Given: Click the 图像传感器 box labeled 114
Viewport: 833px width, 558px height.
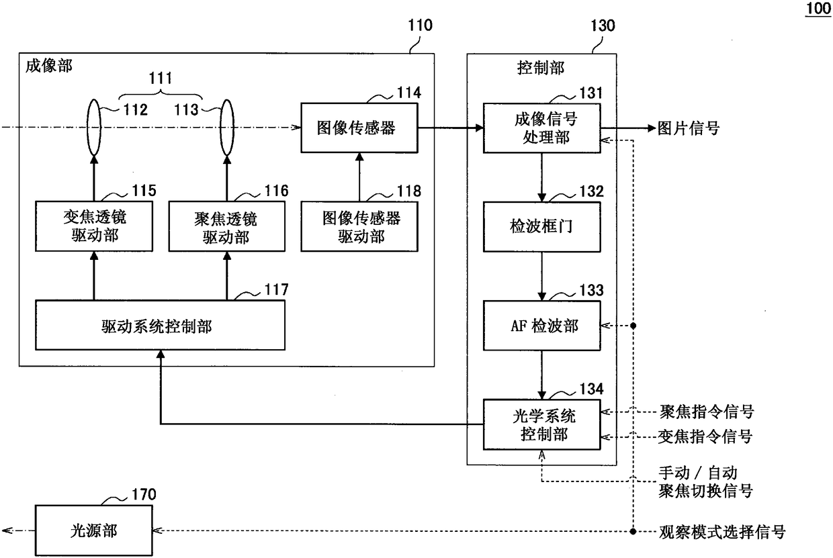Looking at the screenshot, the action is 359,128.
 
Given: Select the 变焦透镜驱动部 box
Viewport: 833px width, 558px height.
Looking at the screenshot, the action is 94,226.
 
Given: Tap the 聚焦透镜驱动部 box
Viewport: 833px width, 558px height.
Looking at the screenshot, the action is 227,226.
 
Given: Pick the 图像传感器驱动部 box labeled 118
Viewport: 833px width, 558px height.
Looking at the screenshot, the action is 359,226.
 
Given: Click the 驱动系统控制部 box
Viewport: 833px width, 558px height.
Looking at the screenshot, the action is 161,325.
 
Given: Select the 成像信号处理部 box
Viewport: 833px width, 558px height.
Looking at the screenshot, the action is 542,128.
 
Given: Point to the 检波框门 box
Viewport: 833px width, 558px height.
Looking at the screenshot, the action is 542,227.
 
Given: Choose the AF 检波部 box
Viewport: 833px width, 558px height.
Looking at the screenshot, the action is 542,326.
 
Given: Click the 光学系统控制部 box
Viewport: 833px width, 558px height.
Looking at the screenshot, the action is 542,424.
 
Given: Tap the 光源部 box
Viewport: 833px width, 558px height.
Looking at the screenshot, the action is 94,530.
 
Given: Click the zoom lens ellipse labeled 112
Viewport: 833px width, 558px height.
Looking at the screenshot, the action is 94,127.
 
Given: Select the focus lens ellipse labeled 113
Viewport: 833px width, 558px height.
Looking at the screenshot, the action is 227,127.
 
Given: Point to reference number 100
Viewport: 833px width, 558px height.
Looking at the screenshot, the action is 818,8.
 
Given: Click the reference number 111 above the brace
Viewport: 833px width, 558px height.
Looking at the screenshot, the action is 161,78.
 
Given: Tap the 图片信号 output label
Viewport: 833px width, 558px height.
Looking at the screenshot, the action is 688,128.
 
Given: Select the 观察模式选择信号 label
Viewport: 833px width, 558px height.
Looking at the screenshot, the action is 721,532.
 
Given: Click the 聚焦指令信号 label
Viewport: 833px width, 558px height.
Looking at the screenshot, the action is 707,412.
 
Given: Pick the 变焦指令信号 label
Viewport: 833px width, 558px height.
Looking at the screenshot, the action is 705,436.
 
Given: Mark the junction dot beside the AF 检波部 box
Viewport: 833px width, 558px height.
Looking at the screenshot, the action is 633,326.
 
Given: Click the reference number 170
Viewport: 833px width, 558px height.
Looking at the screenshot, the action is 144,494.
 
